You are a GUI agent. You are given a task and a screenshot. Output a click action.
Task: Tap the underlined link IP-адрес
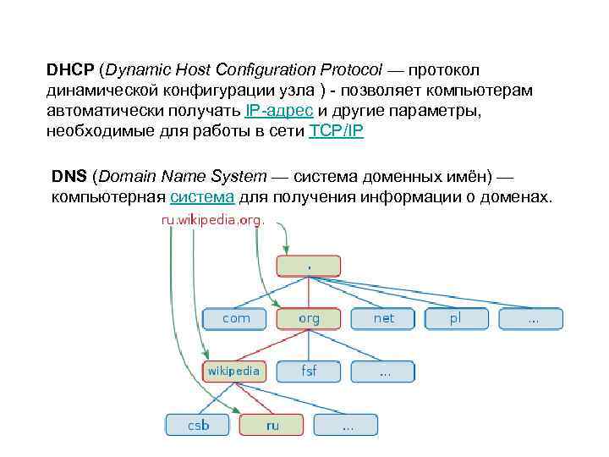[x=279, y=112]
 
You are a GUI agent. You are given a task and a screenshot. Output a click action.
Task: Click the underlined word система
[x=202, y=198]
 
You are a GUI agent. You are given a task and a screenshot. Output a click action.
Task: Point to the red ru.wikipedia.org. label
[x=212, y=219]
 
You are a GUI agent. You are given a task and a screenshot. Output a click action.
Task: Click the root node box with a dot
[x=309, y=266]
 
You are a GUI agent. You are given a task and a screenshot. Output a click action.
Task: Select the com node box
[x=237, y=318]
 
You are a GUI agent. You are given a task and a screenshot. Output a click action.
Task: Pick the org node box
[x=310, y=318]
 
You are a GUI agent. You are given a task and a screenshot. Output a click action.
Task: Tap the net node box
[x=384, y=318]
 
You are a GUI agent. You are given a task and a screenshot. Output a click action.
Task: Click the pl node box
[x=457, y=318]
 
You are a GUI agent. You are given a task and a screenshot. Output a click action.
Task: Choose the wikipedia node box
[x=233, y=371]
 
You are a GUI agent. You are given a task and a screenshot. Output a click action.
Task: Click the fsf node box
[x=310, y=371]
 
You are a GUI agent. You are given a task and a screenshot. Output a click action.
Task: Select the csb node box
[x=198, y=424]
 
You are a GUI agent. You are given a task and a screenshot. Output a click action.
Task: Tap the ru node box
[x=272, y=424]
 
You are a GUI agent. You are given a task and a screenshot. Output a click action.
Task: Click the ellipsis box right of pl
[x=531, y=318]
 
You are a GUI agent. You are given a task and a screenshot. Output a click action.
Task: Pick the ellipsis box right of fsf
[x=384, y=371]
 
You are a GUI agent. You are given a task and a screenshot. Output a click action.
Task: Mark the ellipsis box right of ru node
[x=347, y=424]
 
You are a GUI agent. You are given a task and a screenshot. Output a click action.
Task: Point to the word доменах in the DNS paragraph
[x=515, y=198]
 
